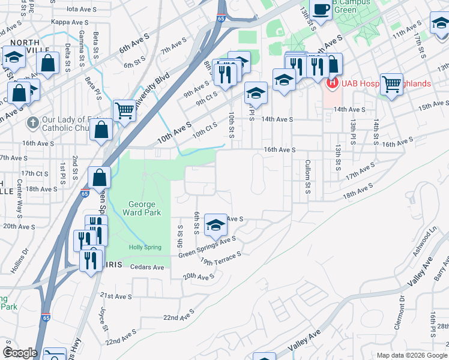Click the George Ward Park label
click(x=142, y=208)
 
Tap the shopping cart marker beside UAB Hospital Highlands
click(x=392, y=84)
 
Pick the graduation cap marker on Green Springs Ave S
click(x=215, y=225)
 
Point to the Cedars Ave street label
click(x=146, y=267)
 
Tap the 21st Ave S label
click(x=116, y=296)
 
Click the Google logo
click(x=20, y=353)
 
